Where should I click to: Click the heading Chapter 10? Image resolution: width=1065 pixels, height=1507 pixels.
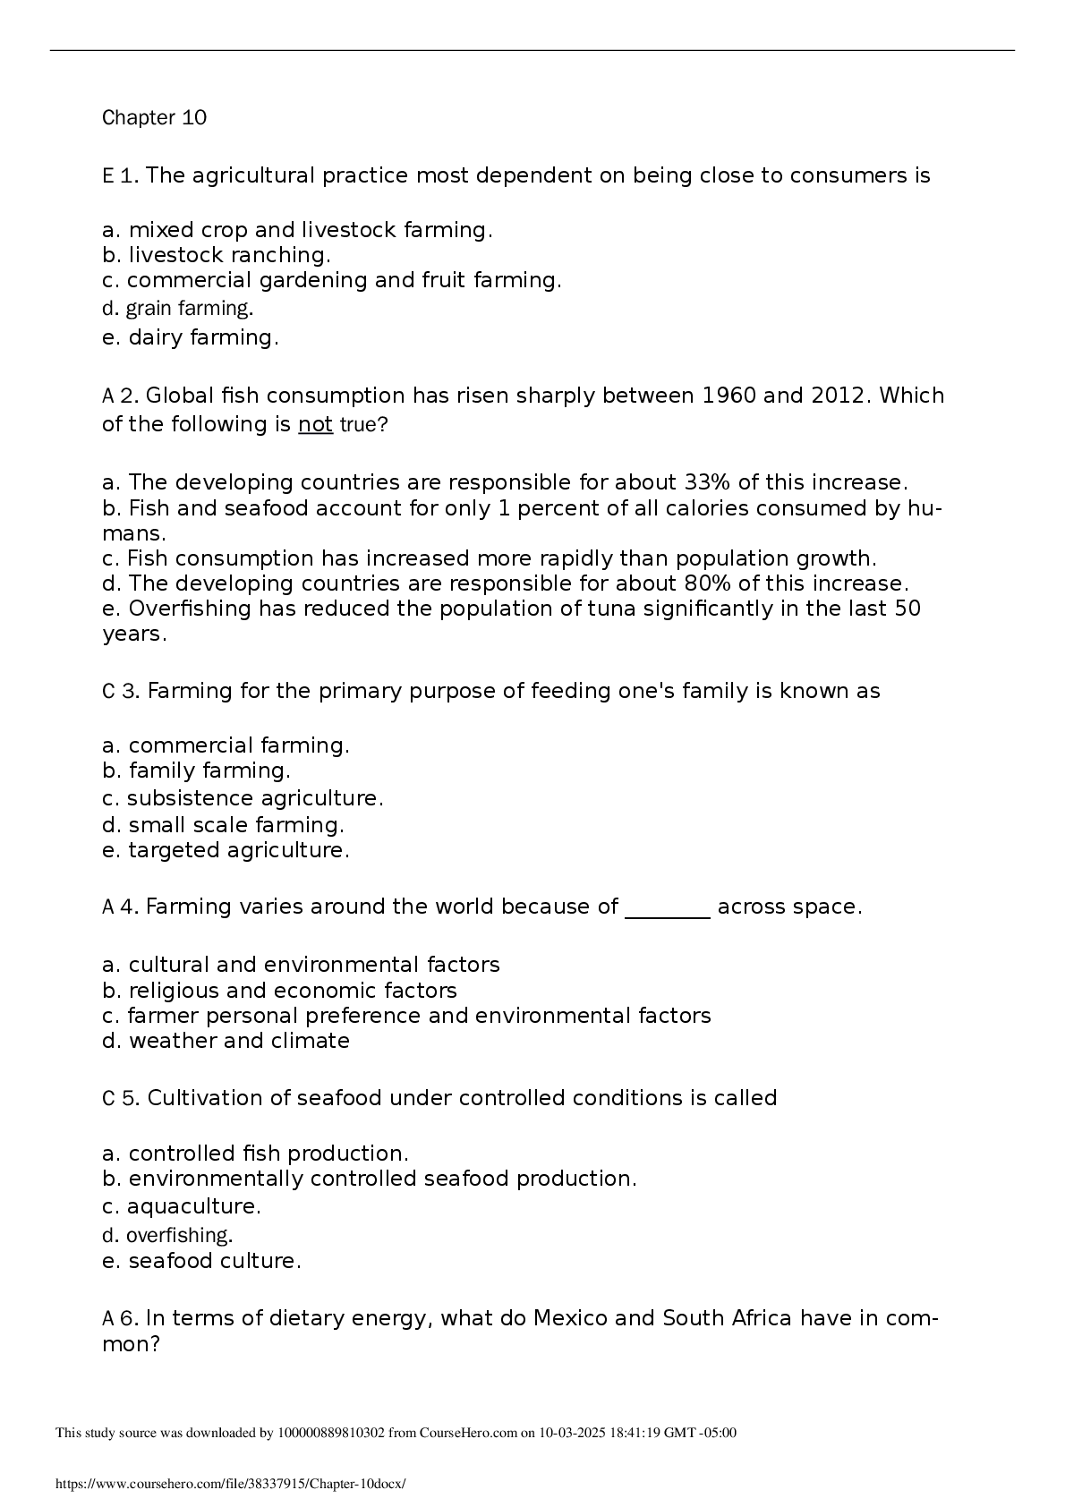(x=154, y=118)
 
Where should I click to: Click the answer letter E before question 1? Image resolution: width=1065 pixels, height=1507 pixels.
(x=107, y=175)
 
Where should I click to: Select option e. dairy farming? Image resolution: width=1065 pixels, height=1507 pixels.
(x=191, y=338)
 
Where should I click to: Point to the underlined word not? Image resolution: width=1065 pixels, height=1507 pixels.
(x=315, y=424)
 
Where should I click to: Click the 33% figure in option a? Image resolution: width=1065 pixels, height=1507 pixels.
(x=708, y=482)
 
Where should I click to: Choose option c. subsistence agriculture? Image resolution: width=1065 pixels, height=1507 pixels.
(x=243, y=798)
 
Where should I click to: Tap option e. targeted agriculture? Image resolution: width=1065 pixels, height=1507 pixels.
(x=226, y=850)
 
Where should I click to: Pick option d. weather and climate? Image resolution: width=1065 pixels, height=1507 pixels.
(x=226, y=1041)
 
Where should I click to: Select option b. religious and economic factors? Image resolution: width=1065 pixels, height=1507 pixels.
(x=279, y=991)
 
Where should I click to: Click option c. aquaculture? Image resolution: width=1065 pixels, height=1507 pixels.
(x=182, y=1206)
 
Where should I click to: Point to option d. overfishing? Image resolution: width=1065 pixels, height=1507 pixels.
(x=167, y=1236)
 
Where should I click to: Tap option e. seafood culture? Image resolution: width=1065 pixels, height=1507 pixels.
(x=201, y=1261)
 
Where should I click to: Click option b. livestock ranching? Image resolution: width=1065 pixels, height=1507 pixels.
(x=217, y=255)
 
